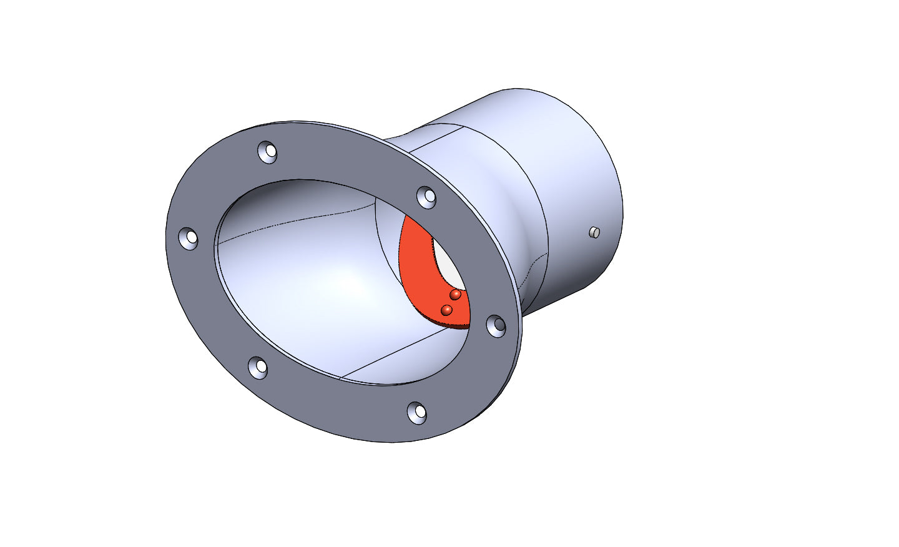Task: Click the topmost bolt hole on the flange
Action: click(267, 152)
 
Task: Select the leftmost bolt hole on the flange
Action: click(189, 238)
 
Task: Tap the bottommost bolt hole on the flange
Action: click(417, 412)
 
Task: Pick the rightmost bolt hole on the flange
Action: click(496, 325)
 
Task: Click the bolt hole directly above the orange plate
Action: click(426, 197)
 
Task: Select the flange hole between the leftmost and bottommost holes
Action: click(258, 367)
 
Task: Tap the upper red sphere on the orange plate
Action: click(456, 294)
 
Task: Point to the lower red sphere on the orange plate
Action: click(446, 310)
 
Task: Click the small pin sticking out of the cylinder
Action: click(594, 232)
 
